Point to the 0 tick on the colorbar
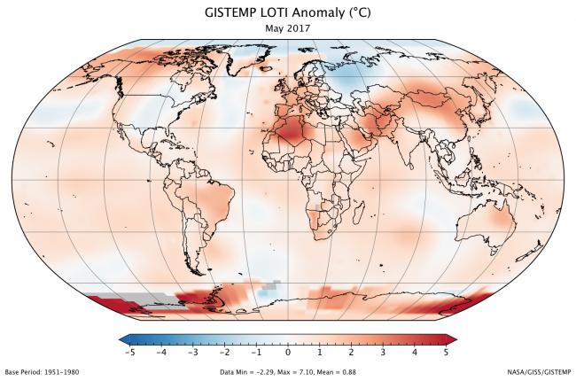(288, 352)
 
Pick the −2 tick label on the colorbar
(224, 352)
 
